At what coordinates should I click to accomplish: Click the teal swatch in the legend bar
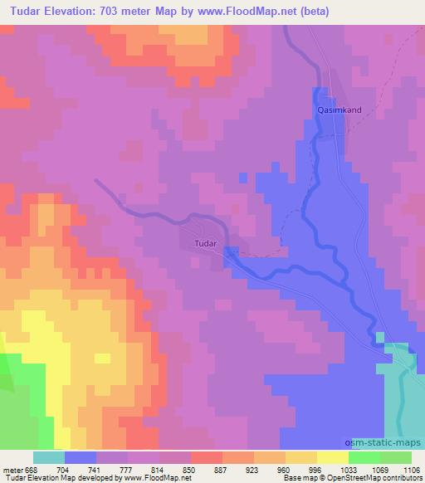pyautogui.click(x=49, y=457)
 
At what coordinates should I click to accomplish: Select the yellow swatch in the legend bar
pyautogui.click(x=333, y=457)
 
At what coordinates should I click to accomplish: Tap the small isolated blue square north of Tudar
pyautogui.click(x=242, y=177)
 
